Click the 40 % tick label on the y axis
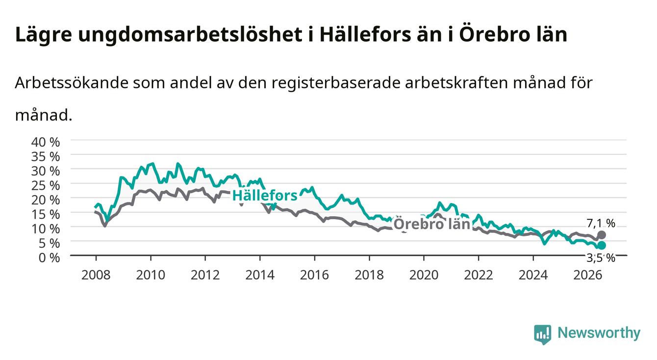46,142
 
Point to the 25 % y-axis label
46,186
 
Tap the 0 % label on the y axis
49,258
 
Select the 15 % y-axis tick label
46,214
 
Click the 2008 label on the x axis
96,275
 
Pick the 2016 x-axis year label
314,275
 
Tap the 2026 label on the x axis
588,275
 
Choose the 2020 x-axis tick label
424,275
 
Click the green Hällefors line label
265,195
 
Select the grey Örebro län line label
431,224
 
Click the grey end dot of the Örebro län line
602,235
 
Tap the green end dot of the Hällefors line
602,245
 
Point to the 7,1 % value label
601,224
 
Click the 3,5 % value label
601,258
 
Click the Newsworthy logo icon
543,334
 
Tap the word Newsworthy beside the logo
599,333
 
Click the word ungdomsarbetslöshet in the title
190,35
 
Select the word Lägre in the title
44,35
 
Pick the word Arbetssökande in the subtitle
71,83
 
